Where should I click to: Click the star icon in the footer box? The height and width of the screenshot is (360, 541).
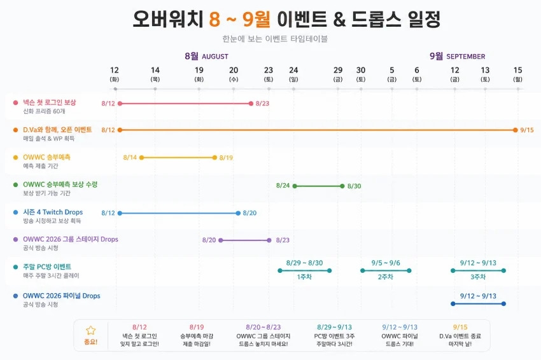(x=91, y=330)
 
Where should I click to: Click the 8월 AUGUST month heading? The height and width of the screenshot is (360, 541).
(x=206, y=56)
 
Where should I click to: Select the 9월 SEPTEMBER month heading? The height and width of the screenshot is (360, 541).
(x=457, y=56)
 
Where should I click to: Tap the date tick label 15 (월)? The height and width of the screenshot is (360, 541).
(x=517, y=74)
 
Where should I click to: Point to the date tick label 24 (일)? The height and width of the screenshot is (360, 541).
(x=293, y=74)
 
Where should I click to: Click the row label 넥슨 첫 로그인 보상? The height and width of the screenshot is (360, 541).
(x=50, y=102)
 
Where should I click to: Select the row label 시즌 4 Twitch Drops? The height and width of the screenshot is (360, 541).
(x=53, y=212)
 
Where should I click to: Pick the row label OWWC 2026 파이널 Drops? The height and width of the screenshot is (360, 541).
(x=61, y=296)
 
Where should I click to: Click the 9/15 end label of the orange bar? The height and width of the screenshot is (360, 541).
(x=527, y=130)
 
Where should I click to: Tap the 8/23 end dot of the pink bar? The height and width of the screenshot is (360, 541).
(x=251, y=104)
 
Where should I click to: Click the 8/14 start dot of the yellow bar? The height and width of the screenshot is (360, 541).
(x=141, y=158)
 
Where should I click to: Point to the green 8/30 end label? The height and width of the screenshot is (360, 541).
(x=354, y=186)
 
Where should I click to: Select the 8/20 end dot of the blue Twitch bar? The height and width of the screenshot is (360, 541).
(x=238, y=213)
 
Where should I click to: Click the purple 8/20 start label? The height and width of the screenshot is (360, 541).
(x=209, y=240)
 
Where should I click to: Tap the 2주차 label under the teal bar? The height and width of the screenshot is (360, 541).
(x=386, y=277)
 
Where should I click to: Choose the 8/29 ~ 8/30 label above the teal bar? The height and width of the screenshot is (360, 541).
(x=304, y=263)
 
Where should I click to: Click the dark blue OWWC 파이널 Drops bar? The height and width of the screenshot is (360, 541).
(x=478, y=304)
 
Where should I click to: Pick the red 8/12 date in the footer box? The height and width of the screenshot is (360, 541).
(x=139, y=327)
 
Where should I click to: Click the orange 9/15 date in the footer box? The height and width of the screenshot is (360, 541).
(x=460, y=327)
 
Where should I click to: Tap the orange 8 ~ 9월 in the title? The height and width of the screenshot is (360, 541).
(x=239, y=18)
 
